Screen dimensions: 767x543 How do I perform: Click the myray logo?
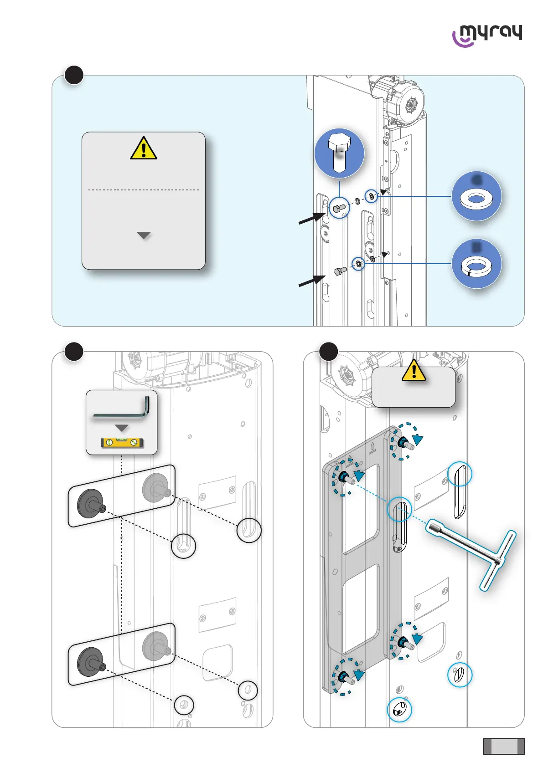[x=487, y=35]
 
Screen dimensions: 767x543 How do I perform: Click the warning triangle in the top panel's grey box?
[x=144, y=148]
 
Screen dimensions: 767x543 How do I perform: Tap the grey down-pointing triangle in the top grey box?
[x=144, y=235]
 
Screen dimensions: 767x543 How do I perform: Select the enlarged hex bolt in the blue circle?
[x=339, y=153]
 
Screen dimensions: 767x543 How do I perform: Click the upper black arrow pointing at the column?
[x=312, y=218]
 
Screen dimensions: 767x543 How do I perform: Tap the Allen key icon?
[x=122, y=409]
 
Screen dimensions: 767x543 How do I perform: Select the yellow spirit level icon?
[x=122, y=442]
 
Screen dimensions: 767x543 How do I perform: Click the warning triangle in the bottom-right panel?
[x=414, y=371]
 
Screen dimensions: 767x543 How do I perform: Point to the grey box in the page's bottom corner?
[x=504, y=746]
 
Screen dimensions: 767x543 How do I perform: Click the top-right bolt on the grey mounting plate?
[x=404, y=442]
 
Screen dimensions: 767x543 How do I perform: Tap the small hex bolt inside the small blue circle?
[x=339, y=209]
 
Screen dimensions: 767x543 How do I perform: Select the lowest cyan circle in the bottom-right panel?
[x=399, y=709]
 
